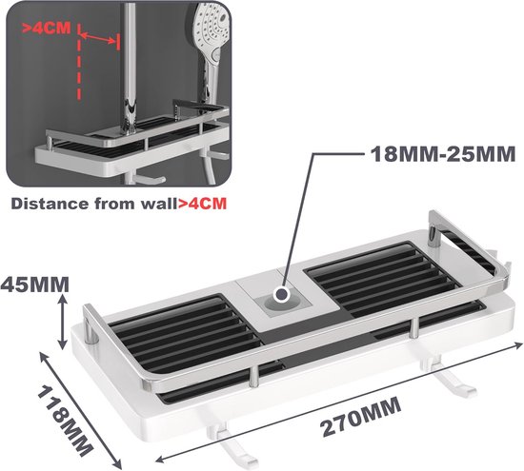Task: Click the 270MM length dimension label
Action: [360, 416]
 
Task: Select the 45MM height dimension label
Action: [34, 285]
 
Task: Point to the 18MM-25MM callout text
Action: [443, 154]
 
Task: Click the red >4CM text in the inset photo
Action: [47, 29]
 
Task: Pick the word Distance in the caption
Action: [50, 204]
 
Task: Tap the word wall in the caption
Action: [159, 204]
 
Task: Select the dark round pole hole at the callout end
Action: [281, 294]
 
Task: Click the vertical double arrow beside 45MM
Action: [63, 322]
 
